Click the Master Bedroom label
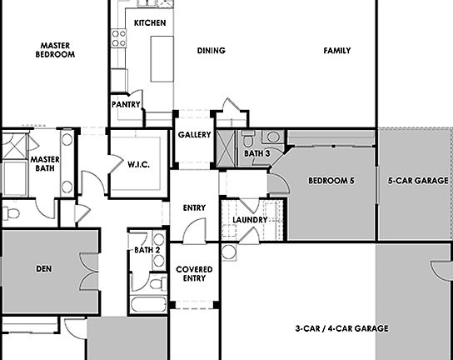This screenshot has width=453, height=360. pyautogui.click(x=55, y=50)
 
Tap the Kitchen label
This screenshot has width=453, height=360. pyautogui.click(x=150, y=22)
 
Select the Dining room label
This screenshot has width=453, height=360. pyautogui.click(x=212, y=51)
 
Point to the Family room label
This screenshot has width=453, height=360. pyautogui.click(x=337, y=51)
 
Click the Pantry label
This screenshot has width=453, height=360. pyautogui.click(x=126, y=104)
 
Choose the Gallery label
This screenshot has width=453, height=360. pyautogui.click(x=194, y=135)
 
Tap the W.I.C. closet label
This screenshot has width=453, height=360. pyautogui.click(x=138, y=164)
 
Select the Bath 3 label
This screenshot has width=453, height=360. pyautogui.click(x=257, y=154)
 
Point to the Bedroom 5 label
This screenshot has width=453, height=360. pyautogui.click(x=331, y=181)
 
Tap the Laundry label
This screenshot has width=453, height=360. pyautogui.click(x=250, y=220)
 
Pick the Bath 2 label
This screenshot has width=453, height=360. pyautogui.click(x=147, y=249)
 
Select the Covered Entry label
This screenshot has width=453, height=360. pyautogui.click(x=194, y=274)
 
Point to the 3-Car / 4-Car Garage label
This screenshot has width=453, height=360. pyautogui.click(x=342, y=329)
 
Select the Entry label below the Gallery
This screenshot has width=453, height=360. pyautogui.click(x=194, y=208)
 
